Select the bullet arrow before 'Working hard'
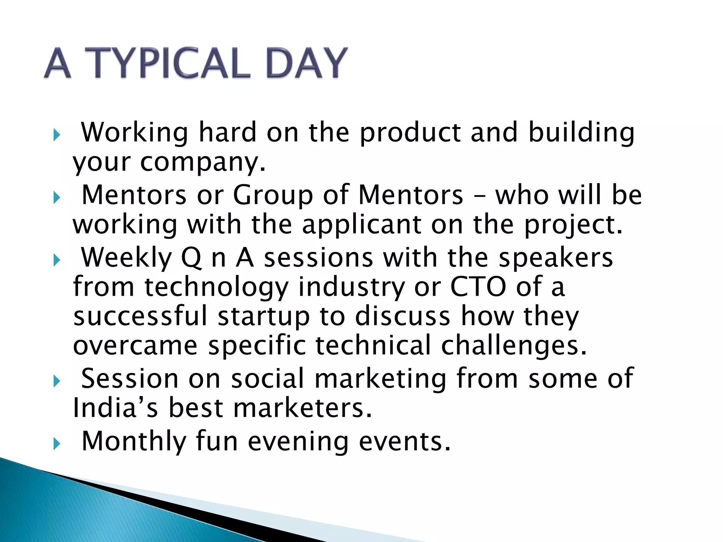click(57, 135)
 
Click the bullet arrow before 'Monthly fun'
click(57, 444)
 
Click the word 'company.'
click(203, 163)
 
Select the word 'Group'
click(273, 196)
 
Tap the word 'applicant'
click(361, 225)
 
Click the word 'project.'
click(573, 225)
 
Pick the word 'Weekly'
click(126, 258)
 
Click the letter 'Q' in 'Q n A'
click(191, 258)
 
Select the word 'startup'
click(263, 316)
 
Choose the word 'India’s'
click(115, 408)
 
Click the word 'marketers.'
click(303, 408)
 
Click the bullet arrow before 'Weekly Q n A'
click(57, 261)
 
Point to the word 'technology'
click(216, 288)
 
